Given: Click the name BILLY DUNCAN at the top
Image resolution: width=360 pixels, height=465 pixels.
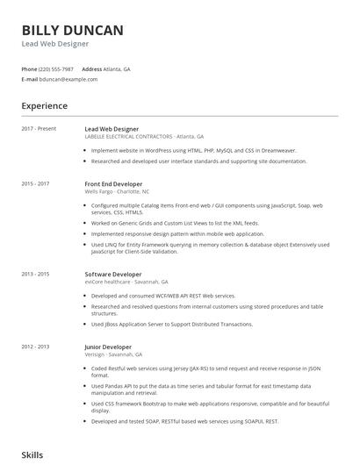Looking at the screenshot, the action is (72, 31).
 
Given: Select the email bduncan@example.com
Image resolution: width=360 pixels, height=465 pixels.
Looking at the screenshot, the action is (68, 79).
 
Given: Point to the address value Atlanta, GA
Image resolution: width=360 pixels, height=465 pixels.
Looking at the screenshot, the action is (118, 68).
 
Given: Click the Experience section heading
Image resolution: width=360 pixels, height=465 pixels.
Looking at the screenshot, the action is (45, 106).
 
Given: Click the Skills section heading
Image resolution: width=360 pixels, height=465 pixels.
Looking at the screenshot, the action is (32, 456).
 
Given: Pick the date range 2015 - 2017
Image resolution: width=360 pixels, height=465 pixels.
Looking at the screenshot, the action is (36, 183).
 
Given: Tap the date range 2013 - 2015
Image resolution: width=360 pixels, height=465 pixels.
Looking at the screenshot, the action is (36, 275).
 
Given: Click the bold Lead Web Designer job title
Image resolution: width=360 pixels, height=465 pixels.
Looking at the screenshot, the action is (112, 129).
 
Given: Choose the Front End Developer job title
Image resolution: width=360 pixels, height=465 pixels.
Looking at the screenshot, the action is (113, 183).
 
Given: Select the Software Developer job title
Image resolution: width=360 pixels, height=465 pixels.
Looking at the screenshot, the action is (112, 275).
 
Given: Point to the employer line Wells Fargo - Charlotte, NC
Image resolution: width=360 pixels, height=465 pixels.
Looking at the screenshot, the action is (117, 191).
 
